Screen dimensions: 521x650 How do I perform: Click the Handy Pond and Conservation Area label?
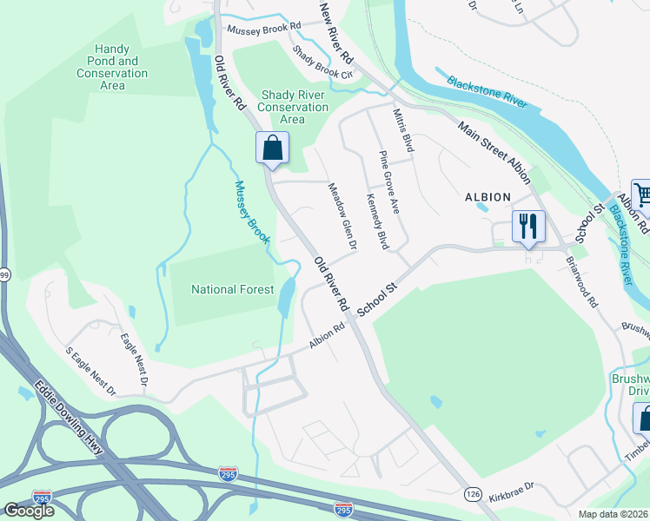(x=112, y=68)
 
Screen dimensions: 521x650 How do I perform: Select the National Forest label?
(x=232, y=289)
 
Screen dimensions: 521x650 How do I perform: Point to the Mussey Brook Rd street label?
(x=263, y=29)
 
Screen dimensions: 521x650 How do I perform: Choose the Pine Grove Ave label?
(x=388, y=182)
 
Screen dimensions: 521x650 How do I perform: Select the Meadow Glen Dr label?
(x=342, y=216)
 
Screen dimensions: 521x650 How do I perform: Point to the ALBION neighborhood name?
(x=488, y=197)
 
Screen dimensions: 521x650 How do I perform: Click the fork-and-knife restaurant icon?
(x=527, y=228)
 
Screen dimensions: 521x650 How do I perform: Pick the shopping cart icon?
(x=641, y=196)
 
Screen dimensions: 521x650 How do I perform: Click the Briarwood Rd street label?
(x=581, y=281)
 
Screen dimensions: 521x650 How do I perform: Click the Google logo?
(x=29, y=510)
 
